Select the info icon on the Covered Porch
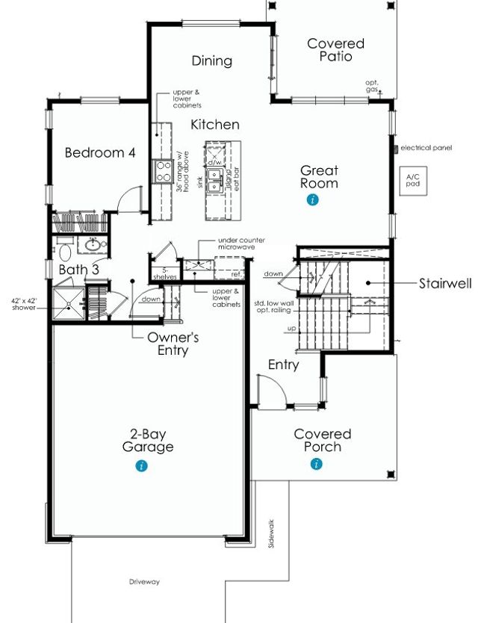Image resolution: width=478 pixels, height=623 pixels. (317, 465)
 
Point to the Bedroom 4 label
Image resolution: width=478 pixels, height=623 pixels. (100, 153)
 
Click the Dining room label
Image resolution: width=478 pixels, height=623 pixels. (212, 61)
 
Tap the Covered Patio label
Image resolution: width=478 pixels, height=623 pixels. (336, 50)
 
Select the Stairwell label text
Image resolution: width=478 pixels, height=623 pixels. (444, 284)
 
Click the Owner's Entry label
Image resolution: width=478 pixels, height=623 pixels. (173, 344)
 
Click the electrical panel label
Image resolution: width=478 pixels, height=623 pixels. (426, 148)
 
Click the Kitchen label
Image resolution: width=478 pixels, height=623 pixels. (215, 125)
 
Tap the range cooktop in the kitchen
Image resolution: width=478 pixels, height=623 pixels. (162, 172)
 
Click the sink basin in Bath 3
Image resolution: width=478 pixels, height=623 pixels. (93, 245)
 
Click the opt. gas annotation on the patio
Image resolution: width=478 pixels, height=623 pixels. (372, 86)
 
